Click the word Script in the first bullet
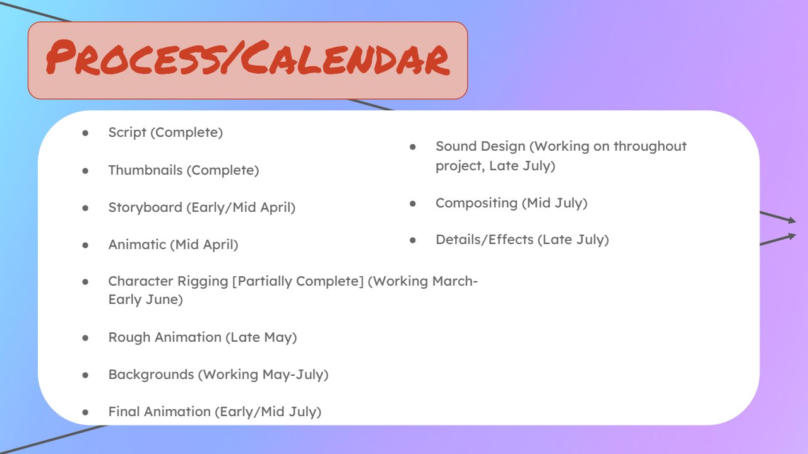click(127, 132)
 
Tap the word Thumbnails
click(145, 170)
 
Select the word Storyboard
click(145, 207)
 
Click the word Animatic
click(137, 245)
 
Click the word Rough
click(129, 337)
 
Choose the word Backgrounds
click(151, 375)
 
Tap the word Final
click(124, 412)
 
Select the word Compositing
click(477, 203)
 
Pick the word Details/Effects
click(484, 240)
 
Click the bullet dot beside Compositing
click(413, 204)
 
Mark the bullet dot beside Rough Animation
click(85, 338)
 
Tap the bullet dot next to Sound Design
click(413, 147)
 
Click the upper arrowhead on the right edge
click(792, 220)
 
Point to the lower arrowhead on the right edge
click(792, 236)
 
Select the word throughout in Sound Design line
click(650, 146)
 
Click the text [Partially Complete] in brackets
click(297, 281)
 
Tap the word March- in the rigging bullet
click(455, 281)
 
